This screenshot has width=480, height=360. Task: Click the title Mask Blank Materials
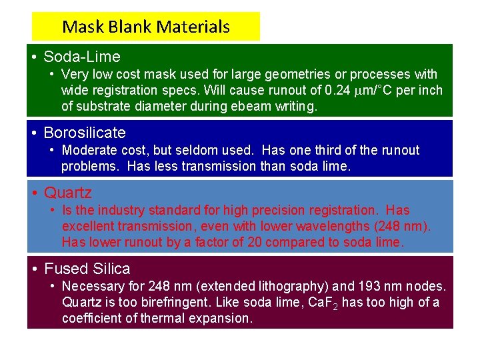(x=145, y=27)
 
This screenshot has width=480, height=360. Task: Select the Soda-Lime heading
(x=82, y=57)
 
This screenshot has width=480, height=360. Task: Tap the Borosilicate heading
(x=85, y=133)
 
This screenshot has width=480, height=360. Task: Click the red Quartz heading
(x=68, y=193)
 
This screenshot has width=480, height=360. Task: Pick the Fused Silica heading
(x=87, y=269)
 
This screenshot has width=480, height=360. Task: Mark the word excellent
(x=89, y=226)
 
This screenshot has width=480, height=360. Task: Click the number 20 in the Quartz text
(x=255, y=242)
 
